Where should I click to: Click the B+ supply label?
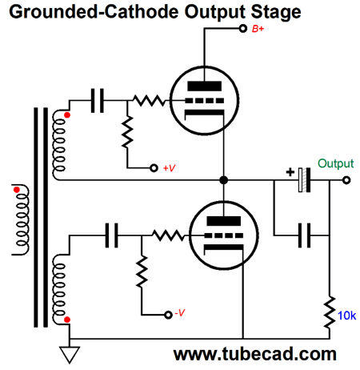258,30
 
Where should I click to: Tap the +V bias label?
170,169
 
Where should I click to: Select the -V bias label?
182,313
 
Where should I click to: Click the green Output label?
335,163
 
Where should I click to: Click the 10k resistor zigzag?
329,312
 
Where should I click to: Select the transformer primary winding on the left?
17,222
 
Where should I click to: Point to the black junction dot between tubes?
225,180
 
